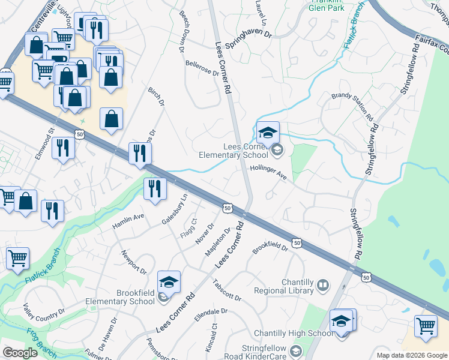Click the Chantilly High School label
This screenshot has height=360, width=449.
(x=294, y=333)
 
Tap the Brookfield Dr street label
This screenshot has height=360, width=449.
(x=271, y=246)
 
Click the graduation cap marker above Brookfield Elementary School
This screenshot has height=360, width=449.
(x=169, y=281)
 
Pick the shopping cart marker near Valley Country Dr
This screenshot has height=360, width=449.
(x=17, y=259)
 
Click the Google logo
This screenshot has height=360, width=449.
(x=20, y=353)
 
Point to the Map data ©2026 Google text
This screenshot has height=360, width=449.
(x=411, y=355)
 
